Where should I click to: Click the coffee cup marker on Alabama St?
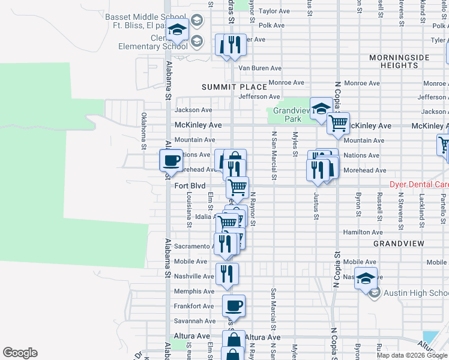(171, 160)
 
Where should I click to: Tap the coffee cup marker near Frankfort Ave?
(234, 306)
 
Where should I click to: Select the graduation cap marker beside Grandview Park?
(321, 109)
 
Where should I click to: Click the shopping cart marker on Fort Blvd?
(237, 187)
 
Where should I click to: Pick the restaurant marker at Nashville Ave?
(227, 274)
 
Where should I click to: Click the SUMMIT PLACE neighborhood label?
(234, 87)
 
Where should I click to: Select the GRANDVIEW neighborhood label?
(399, 244)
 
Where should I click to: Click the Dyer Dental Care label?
(419, 185)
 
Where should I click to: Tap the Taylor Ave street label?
(274, 11)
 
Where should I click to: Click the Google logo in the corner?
(20, 353)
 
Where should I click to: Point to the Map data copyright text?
(412, 355)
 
